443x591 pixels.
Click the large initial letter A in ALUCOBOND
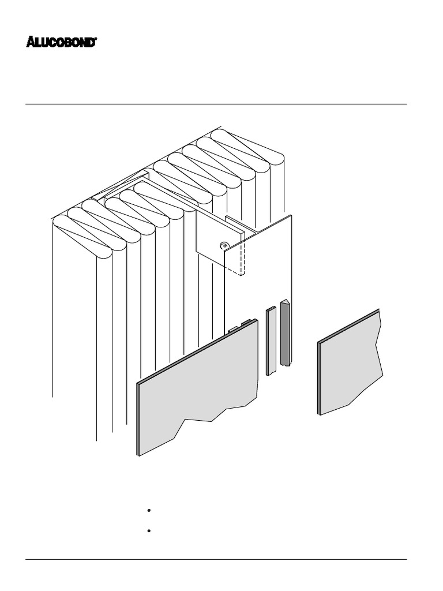coord(31,42)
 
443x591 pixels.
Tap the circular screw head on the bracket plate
coord(224,245)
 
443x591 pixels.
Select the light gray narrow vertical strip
coord(271,341)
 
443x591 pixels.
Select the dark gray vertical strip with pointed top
coord(284,334)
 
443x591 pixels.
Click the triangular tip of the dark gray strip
coord(284,302)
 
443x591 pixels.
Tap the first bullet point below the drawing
coord(149,511)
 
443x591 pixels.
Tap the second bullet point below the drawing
coord(149,530)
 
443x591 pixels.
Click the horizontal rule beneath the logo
coord(216,104)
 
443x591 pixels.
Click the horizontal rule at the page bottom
coord(216,559)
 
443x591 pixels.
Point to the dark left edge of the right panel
coord(319,378)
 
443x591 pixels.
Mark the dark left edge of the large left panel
coord(138,418)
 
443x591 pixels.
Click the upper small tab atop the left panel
coord(247,321)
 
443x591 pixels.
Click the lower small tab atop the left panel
coord(233,329)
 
